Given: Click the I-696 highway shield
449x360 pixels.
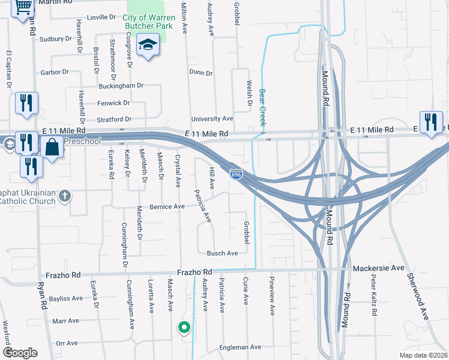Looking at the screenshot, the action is (x=236, y=173).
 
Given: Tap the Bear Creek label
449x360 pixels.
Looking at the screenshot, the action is (x=262, y=107).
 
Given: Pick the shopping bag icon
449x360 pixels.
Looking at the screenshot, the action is (x=52, y=147).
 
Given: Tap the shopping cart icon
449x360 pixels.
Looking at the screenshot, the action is (x=23, y=7).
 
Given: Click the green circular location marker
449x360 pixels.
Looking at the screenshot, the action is (x=184, y=328).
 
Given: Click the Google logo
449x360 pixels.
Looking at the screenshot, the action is (x=20, y=353).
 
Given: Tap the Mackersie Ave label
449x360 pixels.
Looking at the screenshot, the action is (x=379, y=268).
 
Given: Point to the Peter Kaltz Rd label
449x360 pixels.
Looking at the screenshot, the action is (x=373, y=295).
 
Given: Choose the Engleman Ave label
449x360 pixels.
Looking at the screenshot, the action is (x=240, y=347).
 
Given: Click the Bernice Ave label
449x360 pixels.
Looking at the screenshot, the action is (x=167, y=206).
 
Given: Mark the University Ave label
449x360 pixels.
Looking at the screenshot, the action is (x=212, y=119).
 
